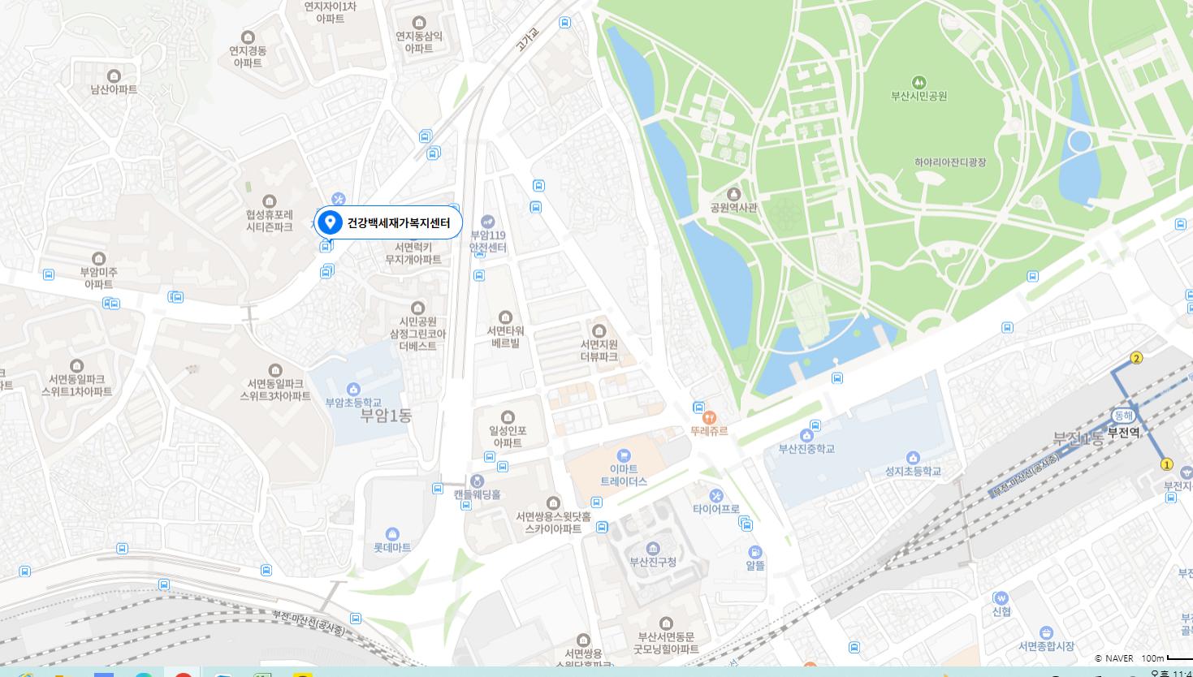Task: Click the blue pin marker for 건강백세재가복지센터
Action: (330, 222)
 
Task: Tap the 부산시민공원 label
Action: (919, 96)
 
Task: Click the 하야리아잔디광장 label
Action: (950, 162)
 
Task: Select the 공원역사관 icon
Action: (733, 194)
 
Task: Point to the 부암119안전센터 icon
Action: (487, 221)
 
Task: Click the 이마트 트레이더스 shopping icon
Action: (624, 455)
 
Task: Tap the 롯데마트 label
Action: (391, 548)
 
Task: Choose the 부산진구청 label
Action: (653, 562)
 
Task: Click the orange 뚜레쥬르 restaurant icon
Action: (710, 417)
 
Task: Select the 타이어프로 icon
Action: (715, 495)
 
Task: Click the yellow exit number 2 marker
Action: (1136, 358)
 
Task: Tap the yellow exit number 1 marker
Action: (1167, 464)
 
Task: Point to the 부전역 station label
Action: (1123, 433)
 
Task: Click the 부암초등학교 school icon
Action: (352, 389)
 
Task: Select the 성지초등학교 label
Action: (913, 472)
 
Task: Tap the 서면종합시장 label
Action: (1046, 646)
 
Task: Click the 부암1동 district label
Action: (386, 416)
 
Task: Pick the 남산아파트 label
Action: (114, 89)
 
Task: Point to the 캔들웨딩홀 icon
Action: (478, 481)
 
